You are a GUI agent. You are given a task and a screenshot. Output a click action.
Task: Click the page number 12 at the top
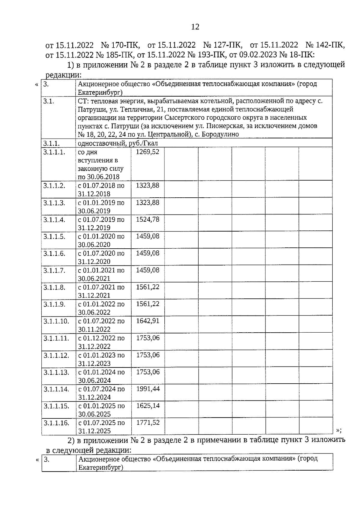(195, 27)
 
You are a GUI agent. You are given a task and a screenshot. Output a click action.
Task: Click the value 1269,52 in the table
(148, 152)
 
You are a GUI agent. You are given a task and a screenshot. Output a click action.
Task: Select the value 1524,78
(148, 219)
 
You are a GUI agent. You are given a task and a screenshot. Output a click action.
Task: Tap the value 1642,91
(148, 321)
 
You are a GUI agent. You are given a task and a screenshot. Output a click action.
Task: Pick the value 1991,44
(148, 389)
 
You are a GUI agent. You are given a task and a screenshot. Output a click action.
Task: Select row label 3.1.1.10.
(56, 321)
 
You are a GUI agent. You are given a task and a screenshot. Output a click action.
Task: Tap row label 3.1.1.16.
(56, 423)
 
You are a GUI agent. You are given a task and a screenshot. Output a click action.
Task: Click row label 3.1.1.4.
(54, 220)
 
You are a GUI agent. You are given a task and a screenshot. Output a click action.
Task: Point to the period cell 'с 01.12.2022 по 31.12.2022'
(101, 342)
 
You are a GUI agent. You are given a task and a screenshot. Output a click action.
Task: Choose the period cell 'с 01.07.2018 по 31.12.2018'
(101, 189)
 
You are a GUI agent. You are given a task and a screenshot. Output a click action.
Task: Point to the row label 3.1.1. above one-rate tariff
(51, 143)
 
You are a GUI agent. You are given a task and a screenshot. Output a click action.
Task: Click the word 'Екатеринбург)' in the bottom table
(101, 467)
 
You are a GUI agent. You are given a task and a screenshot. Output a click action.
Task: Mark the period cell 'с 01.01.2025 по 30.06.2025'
(101, 410)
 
